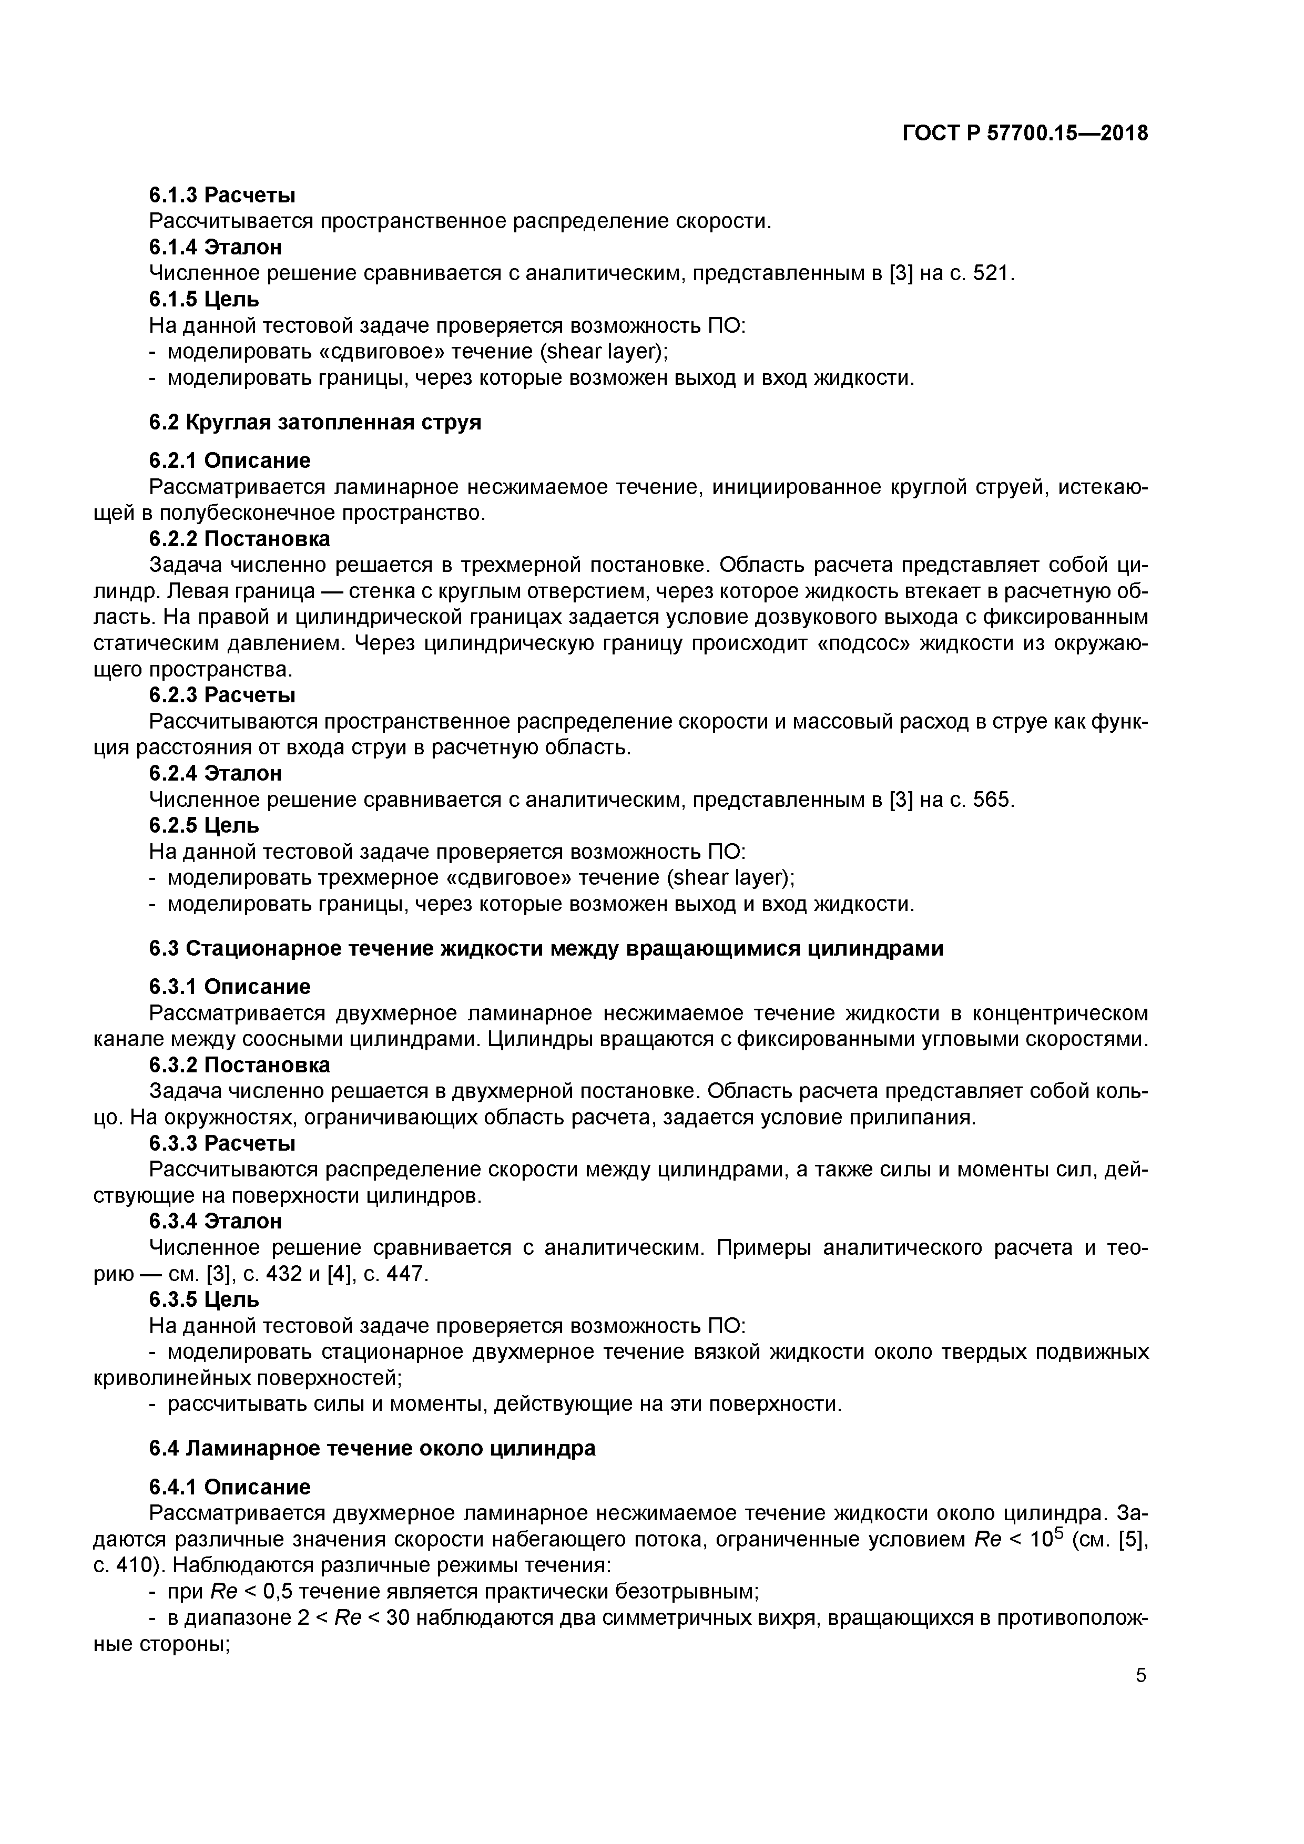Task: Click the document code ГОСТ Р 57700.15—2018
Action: [1024, 134]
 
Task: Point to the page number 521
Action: [992, 273]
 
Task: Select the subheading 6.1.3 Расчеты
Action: [222, 194]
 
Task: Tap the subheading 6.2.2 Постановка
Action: [239, 538]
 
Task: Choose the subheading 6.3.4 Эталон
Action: [216, 1221]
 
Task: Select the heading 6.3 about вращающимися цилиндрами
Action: [546, 948]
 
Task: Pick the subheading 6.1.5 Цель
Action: [204, 300]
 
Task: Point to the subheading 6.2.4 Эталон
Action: [216, 773]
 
